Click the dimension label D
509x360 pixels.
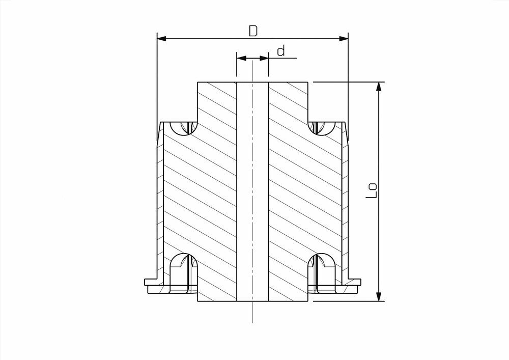pos(253,31)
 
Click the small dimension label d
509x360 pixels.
pos(281,50)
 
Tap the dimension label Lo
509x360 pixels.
pos(372,191)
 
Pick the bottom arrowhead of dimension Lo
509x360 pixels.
pos(378,296)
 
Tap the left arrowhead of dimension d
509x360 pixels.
pos(241,59)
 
